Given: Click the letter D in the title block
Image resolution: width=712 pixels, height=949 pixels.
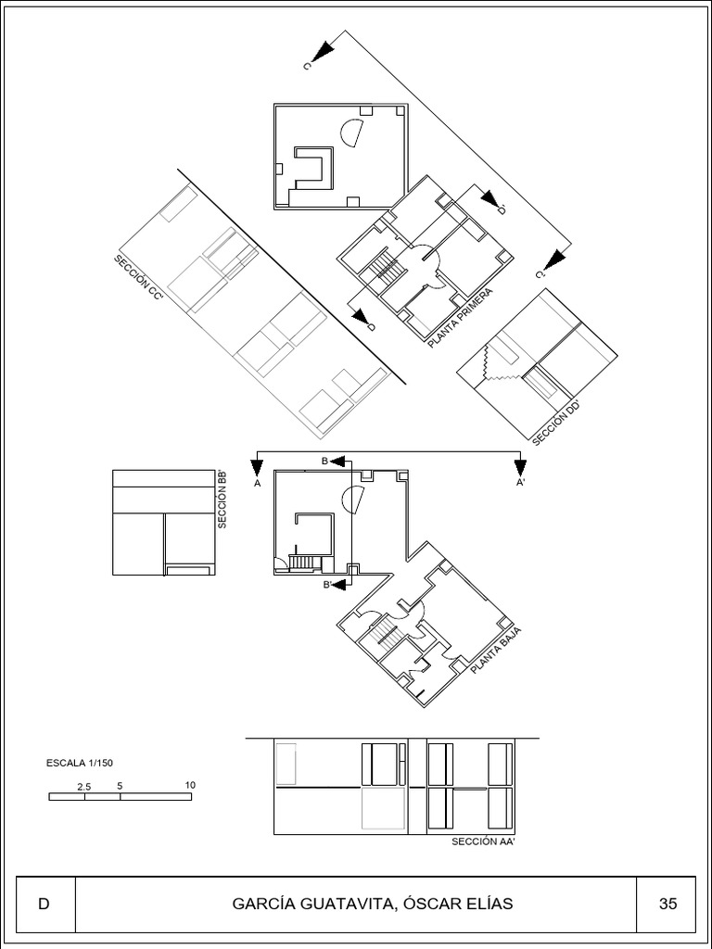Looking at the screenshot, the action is coord(44,905).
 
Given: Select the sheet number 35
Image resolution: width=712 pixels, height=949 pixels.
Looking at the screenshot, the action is coord(667,905).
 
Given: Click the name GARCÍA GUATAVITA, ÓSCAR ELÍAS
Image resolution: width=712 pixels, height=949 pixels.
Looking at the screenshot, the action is coord(373,905).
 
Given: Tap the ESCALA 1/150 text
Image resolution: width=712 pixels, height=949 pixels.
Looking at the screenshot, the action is coord(80,764).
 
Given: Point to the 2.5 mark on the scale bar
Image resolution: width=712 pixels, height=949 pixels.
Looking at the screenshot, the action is coord(84,786).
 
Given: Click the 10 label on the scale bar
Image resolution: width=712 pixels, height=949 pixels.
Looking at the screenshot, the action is coord(190,785).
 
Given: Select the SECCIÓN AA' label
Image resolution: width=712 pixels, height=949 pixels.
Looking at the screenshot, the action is coord(483,841).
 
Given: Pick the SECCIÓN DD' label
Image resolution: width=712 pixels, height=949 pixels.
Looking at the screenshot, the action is coord(557,423).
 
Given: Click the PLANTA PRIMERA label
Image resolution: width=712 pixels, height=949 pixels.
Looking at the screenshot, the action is coord(460,318).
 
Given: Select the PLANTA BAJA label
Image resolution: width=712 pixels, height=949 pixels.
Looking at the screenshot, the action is coord(496,650).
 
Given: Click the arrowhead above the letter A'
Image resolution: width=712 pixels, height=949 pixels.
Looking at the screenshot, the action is coord(519,468).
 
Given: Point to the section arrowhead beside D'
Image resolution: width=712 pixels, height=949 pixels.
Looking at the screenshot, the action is coord(489,198).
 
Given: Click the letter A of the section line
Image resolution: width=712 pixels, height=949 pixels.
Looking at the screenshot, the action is coord(258,484).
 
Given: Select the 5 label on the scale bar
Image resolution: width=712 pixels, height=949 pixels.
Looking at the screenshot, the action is coord(120,786).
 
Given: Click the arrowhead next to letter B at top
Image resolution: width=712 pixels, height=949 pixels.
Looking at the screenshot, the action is coord(339,462).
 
